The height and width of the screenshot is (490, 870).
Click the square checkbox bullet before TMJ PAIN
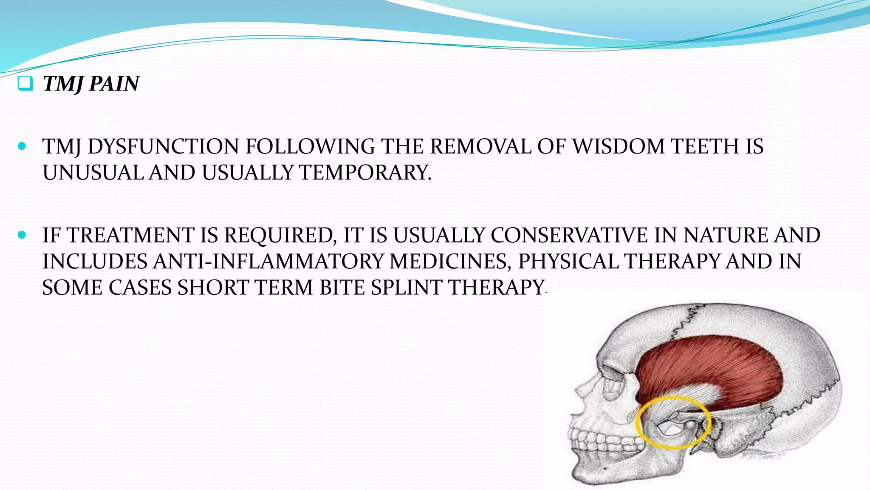[25, 83]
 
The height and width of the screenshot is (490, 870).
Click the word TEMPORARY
[365, 173]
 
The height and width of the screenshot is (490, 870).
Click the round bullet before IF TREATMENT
[22, 235]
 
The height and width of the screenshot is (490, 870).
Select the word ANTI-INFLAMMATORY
[268, 262]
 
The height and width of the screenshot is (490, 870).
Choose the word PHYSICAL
[568, 262]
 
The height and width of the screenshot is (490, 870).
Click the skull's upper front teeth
[590, 438]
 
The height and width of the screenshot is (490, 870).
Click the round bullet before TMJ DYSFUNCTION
[22, 147]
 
